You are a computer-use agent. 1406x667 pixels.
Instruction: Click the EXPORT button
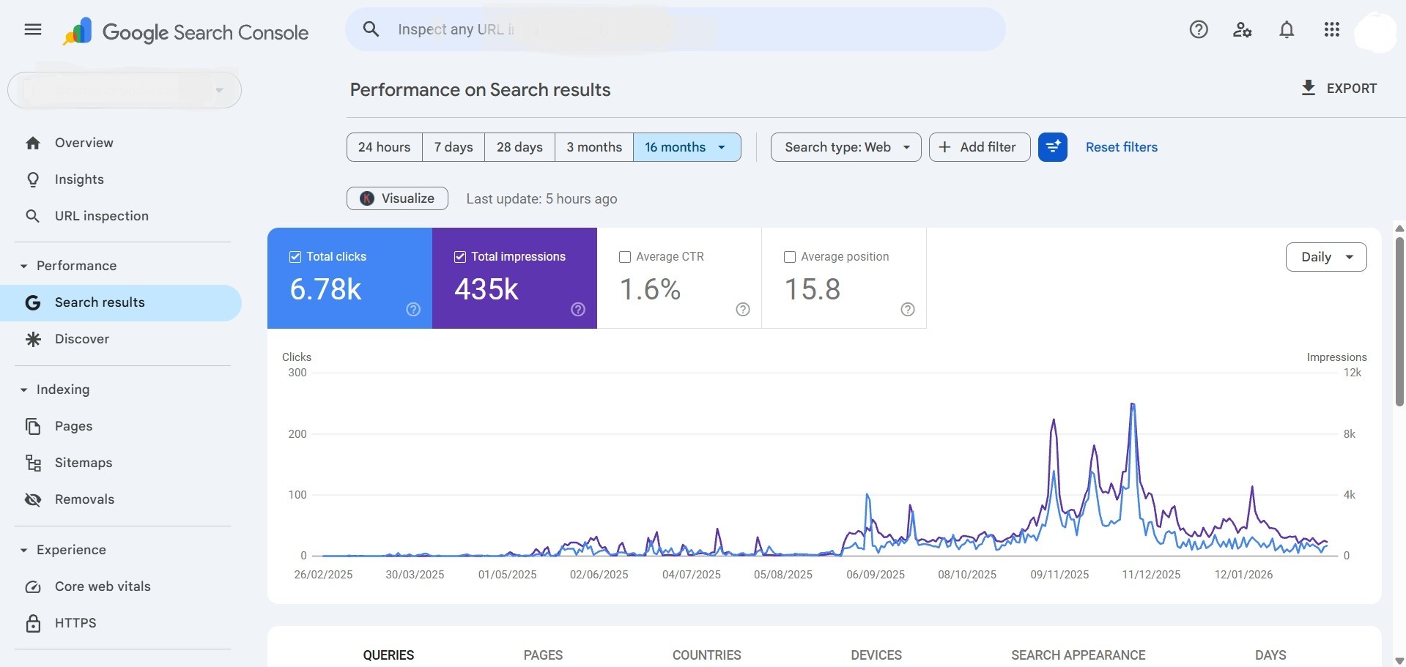point(1339,89)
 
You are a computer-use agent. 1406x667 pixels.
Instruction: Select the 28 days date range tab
point(519,147)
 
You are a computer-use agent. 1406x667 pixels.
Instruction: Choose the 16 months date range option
point(686,147)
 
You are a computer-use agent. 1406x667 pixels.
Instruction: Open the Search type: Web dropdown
point(846,147)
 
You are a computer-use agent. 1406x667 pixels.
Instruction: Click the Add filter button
point(979,147)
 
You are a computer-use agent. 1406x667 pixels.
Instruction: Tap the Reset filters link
point(1121,147)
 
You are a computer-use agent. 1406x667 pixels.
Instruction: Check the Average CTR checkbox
point(625,257)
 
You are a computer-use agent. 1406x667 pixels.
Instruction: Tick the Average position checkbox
point(790,257)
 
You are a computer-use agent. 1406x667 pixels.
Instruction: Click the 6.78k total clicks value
point(325,289)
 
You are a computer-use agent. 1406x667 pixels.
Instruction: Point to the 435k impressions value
point(486,289)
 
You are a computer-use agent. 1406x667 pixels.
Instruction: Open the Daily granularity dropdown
point(1325,257)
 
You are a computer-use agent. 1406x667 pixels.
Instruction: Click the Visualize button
point(397,198)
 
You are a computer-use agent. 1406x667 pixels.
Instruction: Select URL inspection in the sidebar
point(101,216)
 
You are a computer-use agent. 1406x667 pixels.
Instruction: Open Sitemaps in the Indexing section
point(83,463)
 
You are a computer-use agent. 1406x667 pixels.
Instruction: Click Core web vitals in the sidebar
point(103,586)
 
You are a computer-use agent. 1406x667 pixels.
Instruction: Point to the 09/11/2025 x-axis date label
point(1059,575)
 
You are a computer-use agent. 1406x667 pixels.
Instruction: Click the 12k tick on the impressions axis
point(1352,373)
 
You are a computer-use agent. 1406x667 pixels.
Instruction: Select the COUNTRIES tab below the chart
point(706,655)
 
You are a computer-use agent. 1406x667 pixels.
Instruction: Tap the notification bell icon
point(1287,30)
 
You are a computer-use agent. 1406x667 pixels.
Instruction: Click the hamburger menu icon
point(33,30)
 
